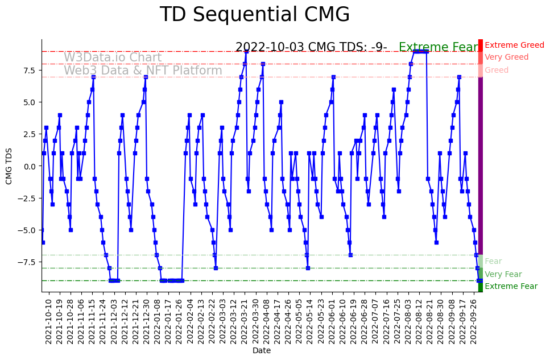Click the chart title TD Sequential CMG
click(254, 15)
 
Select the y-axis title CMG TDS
click(9, 165)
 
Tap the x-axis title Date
click(262, 350)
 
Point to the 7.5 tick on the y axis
click(29, 70)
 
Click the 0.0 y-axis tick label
click(29, 166)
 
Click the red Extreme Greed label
click(514, 45)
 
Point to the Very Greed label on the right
click(506, 57)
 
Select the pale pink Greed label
click(497, 71)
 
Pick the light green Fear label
click(493, 262)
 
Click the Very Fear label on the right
click(503, 274)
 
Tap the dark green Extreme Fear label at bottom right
click(511, 287)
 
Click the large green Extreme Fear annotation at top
click(439, 48)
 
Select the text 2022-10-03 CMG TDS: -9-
click(311, 48)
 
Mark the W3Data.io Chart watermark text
click(113, 57)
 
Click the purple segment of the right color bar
click(481, 165)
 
